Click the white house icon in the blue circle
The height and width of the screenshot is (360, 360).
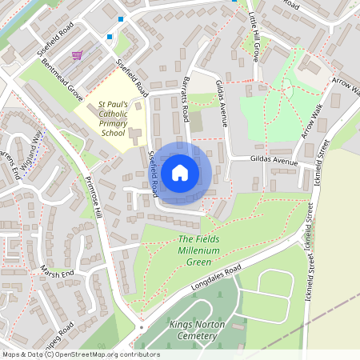(x=180, y=173)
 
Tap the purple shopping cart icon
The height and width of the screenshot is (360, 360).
(x=78, y=55)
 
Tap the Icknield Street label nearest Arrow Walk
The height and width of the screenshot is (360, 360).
(x=322, y=160)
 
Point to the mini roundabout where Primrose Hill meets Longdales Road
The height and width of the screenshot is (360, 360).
(x=141, y=327)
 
